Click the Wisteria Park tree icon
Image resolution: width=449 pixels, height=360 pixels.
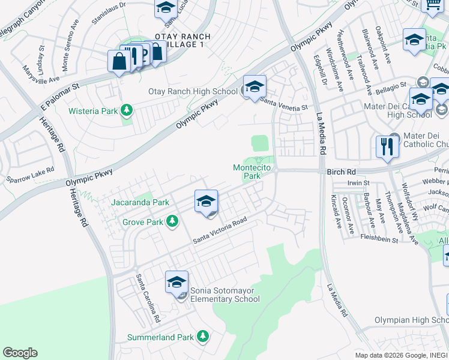point(127,110)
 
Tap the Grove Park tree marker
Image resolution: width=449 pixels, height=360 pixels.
point(172,222)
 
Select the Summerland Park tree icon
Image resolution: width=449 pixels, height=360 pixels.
point(203,337)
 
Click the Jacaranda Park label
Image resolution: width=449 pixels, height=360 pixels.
point(140,203)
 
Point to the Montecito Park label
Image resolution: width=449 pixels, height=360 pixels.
point(247,172)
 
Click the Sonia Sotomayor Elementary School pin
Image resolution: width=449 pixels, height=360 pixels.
point(177,283)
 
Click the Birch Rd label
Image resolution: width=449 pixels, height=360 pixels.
point(342,172)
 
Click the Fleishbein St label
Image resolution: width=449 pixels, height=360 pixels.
point(379,238)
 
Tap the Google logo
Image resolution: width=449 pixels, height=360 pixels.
point(20,353)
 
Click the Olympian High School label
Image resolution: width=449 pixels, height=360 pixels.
point(410,321)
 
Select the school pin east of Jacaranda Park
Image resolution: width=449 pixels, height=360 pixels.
point(206,202)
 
